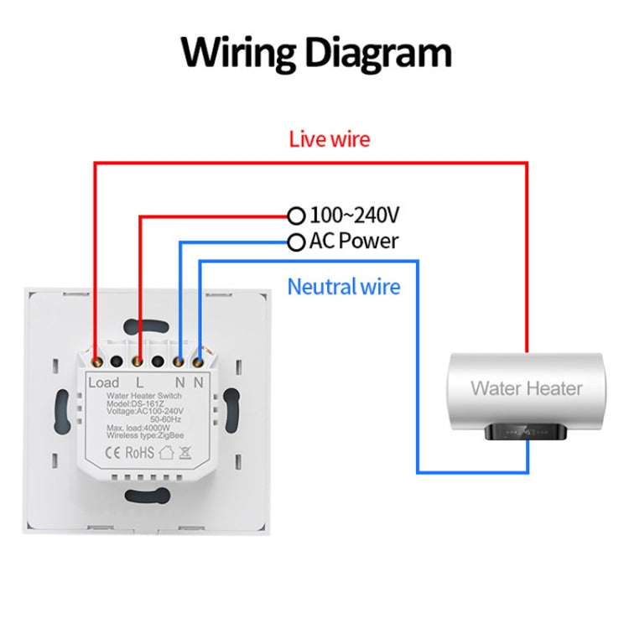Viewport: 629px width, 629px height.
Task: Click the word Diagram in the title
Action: coord(377,53)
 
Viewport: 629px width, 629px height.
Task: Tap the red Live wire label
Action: coord(329,139)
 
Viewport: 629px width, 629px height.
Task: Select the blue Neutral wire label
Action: coord(344,287)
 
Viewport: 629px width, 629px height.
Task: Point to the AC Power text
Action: coord(354,242)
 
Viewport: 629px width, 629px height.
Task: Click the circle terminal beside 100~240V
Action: coord(295,216)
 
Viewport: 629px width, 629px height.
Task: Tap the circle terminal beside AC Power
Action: coord(295,242)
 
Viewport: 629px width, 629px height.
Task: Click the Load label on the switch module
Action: coord(104,382)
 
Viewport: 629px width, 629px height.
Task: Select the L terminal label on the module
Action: coord(139,382)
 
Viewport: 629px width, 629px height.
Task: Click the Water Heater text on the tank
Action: coord(526,388)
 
